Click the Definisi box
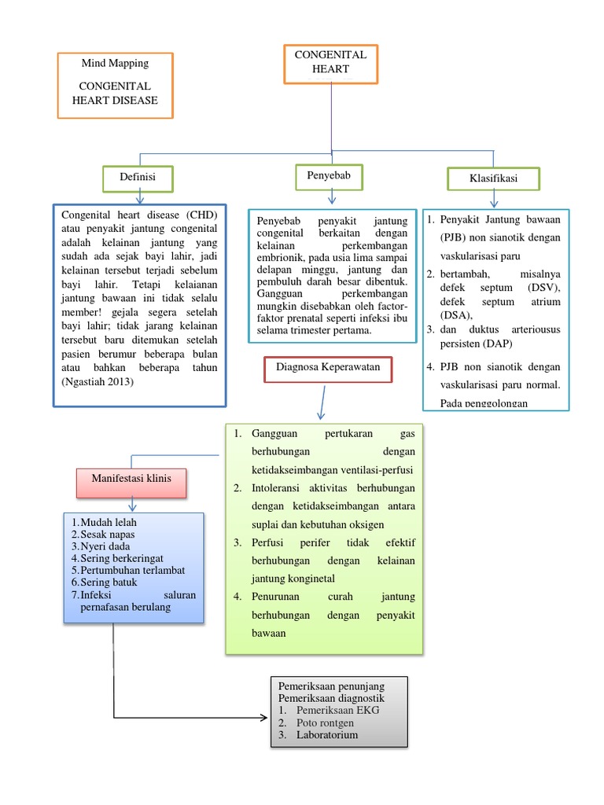(x=138, y=178)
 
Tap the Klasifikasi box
(x=493, y=179)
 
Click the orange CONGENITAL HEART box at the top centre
(x=330, y=62)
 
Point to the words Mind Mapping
(x=115, y=64)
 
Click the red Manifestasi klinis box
(x=131, y=478)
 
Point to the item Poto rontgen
(x=326, y=722)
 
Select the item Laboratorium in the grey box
(x=327, y=735)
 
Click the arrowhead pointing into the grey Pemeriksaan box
(x=262, y=717)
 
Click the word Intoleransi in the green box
(x=281, y=489)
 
